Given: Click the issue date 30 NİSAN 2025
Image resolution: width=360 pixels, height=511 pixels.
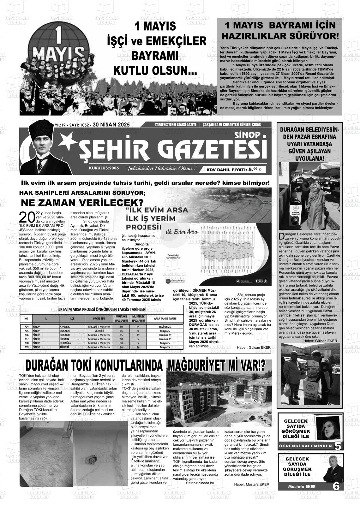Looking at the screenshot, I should pos(111,125).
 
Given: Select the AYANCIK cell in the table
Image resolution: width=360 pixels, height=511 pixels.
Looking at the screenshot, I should pos(65,327).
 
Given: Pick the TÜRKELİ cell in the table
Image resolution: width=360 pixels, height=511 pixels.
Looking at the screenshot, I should pos(64,347).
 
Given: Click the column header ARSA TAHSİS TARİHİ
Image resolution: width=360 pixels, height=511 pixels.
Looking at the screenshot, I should pos(165,319).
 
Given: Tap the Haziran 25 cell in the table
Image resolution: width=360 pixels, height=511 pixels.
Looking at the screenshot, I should pos(165,327).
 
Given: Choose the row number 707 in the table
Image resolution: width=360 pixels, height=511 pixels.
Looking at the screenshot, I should pos(27,339).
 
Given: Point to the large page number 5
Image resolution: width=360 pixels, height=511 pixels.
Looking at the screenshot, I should pos(338,446).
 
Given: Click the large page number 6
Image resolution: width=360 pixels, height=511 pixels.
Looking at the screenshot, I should pos(336,486).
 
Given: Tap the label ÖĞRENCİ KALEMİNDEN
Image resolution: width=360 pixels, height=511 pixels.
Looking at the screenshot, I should pos(305,446).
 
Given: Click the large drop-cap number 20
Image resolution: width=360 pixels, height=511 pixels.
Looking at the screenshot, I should pos(27,217).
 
